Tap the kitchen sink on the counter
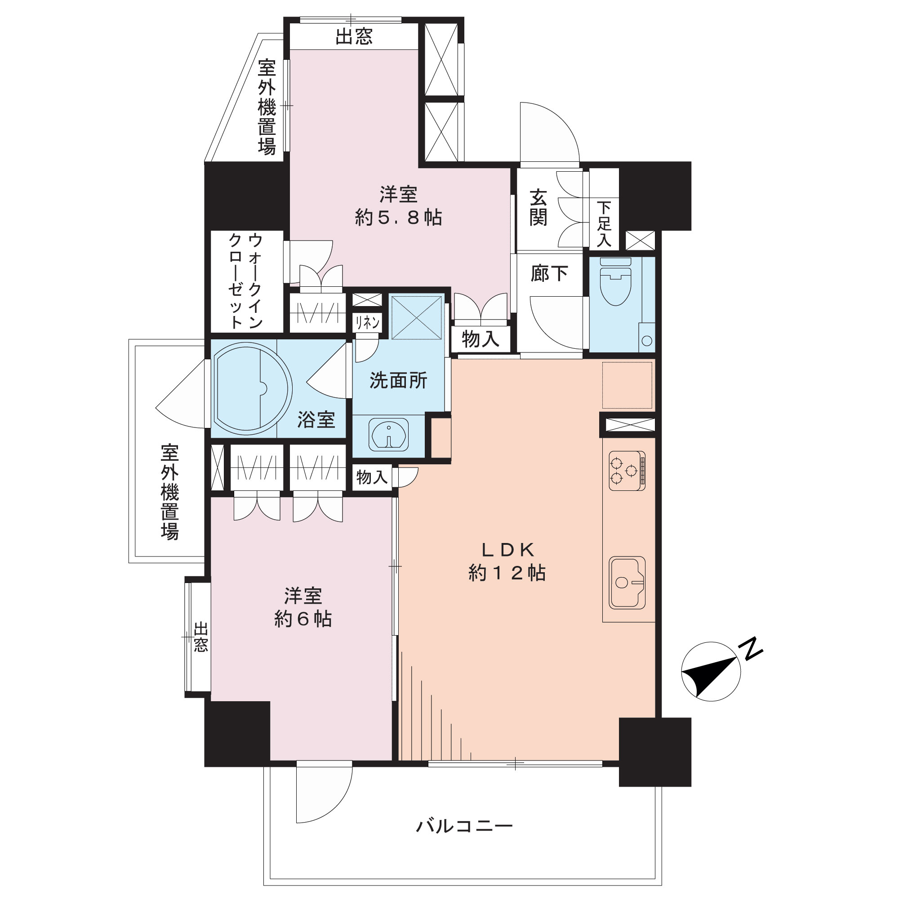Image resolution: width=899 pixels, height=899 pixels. click(x=627, y=582)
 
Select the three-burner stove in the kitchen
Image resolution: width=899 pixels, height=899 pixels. click(x=627, y=471)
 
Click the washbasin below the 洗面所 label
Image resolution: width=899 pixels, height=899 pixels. click(x=388, y=435)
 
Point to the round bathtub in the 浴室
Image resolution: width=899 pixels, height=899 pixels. click(x=252, y=388)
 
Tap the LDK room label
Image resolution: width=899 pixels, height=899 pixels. click(x=507, y=550)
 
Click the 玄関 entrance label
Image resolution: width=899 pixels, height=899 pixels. click(x=538, y=208)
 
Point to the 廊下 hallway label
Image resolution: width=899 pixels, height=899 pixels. click(x=549, y=274)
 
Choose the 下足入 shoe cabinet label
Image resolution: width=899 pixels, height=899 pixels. click(x=604, y=224)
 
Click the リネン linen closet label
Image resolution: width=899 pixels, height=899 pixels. click(x=368, y=322)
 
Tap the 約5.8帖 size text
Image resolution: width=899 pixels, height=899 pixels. click(x=399, y=218)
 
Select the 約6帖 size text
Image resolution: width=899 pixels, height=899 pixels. click(x=303, y=619)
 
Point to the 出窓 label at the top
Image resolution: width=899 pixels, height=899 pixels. click(x=354, y=36)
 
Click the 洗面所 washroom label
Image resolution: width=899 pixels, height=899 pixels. click(x=398, y=381)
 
